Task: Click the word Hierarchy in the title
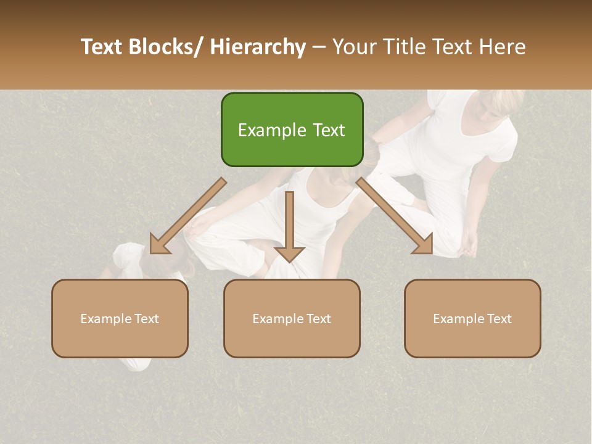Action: coord(258,47)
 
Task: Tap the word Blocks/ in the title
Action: coord(163,47)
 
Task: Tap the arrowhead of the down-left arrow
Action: coord(159,244)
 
